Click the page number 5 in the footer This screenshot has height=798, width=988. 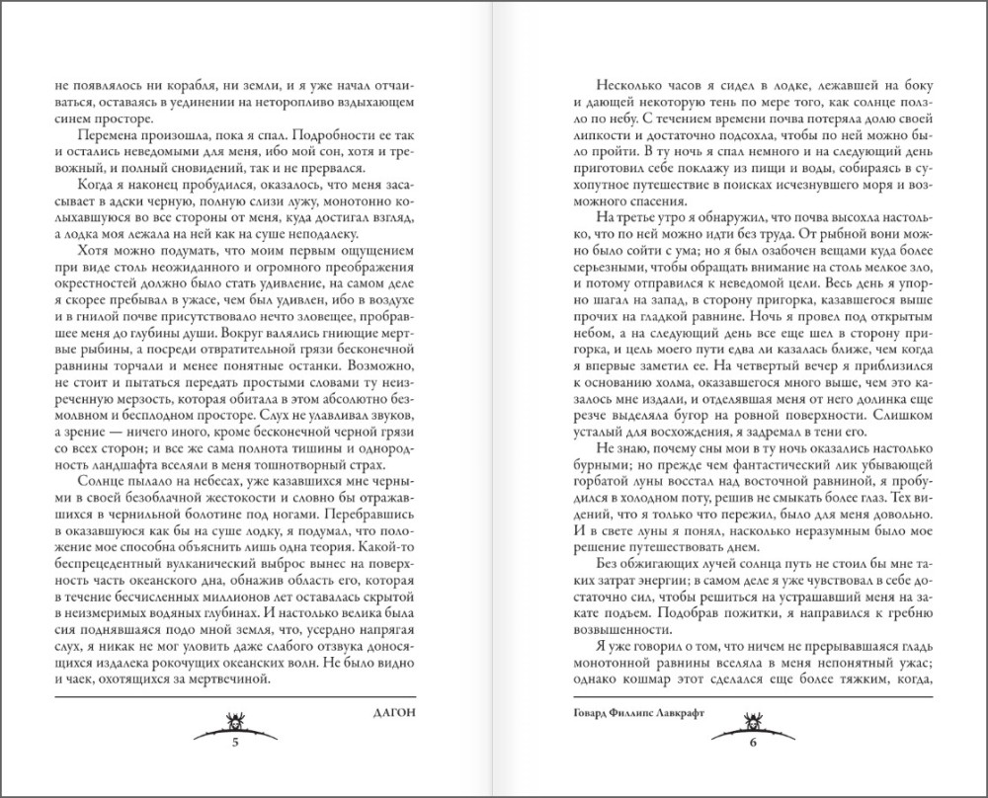pyautogui.click(x=235, y=742)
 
